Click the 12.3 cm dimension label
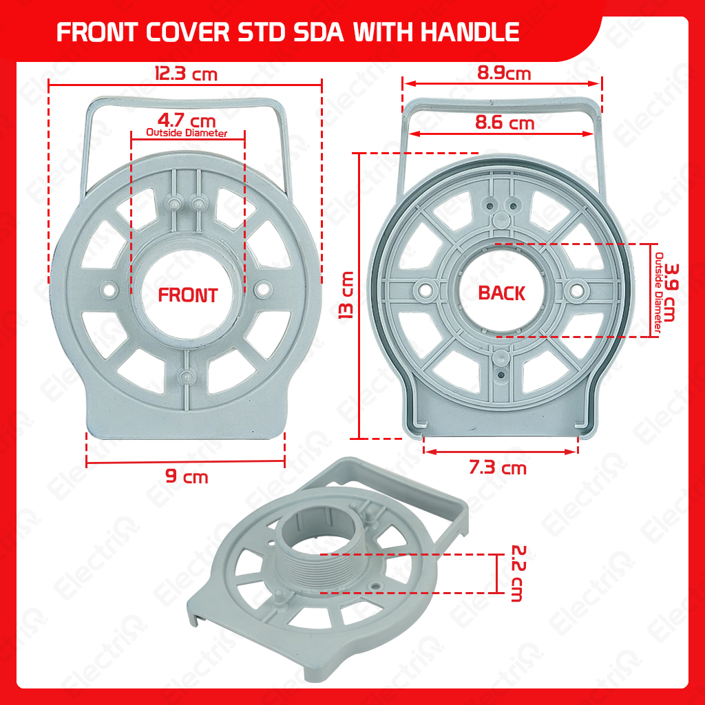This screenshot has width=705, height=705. pyautogui.click(x=185, y=73)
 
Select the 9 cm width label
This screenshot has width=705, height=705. pyautogui.click(x=186, y=476)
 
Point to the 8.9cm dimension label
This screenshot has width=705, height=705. pyautogui.click(x=503, y=72)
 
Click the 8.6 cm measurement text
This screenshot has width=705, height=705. pyautogui.click(x=505, y=123)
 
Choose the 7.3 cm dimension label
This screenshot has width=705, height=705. pyautogui.click(x=498, y=468)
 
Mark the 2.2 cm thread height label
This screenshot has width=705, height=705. pyautogui.click(x=518, y=574)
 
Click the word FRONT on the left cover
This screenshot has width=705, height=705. pyautogui.click(x=187, y=295)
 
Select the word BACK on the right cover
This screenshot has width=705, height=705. pyautogui.click(x=501, y=293)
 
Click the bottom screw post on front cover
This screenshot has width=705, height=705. pyautogui.click(x=187, y=376)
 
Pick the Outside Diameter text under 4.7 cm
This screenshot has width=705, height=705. pyautogui.click(x=187, y=133)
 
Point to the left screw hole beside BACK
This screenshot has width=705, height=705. pyautogui.click(x=426, y=291)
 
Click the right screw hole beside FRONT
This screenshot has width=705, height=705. pyautogui.click(x=262, y=290)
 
